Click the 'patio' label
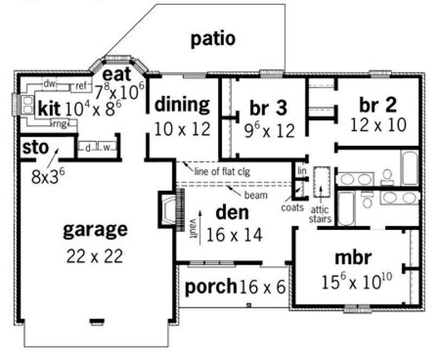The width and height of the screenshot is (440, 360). (x=213, y=39)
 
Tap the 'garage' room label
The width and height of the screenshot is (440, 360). (x=95, y=229)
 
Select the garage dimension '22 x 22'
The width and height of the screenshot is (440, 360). (x=95, y=255)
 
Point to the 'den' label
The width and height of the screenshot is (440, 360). (x=232, y=213)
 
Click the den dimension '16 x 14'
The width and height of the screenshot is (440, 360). (x=234, y=235)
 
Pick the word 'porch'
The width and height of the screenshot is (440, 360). (x=211, y=286)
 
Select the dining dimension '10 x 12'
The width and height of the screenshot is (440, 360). (x=182, y=129)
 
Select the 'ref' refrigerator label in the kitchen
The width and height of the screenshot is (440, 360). (x=81, y=85)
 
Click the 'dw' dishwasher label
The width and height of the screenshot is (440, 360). (x=49, y=83)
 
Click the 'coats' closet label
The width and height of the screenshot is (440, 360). (x=292, y=207)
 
